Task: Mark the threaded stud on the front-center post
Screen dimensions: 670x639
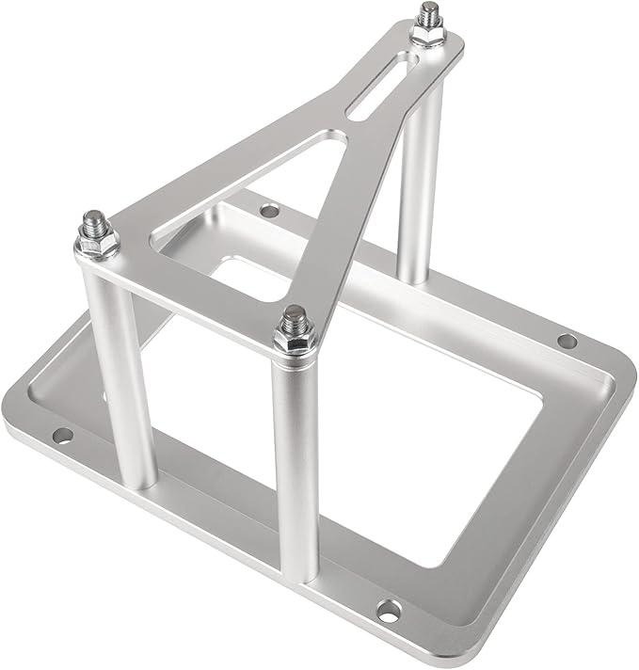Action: click(x=295, y=317)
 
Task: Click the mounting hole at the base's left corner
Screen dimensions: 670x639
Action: click(x=62, y=435)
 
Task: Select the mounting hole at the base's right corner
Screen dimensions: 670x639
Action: click(x=566, y=341)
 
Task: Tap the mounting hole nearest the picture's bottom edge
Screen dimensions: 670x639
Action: click(x=388, y=611)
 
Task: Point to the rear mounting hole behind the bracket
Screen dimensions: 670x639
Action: click(x=269, y=211)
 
